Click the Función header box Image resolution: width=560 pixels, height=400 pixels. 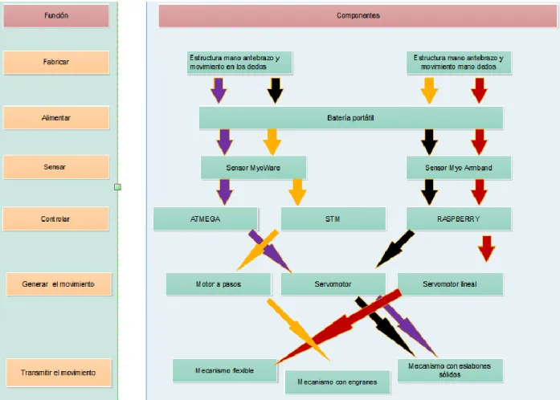(x=56, y=15)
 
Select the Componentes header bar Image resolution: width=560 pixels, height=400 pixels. (x=358, y=16)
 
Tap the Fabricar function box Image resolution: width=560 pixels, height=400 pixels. (x=56, y=62)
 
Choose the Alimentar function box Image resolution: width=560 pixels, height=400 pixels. (x=56, y=117)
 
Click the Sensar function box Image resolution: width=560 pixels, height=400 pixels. (x=56, y=167)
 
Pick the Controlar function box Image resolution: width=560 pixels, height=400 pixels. (x=55, y=218)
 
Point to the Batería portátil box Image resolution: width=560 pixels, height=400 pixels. (x=351, y=118)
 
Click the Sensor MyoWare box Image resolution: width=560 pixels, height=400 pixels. (x=253, y=168)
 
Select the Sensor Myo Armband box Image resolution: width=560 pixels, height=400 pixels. (x=459, y=168)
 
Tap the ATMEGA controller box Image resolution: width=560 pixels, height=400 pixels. (x=206, y=218)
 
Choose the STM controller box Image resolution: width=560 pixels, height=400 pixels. (x=333, y=218)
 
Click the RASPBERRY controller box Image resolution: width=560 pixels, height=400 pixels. (x=459, y=218)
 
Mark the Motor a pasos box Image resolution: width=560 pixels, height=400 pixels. (x=219, y=284)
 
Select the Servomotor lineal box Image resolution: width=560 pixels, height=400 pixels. (x=450, y=284)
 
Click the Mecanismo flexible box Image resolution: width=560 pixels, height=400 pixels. (x=225, y=370)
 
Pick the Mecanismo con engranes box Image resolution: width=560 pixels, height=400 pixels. (x=337, y=382)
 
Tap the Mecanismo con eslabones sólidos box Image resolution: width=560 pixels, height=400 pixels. (x=450, y=370)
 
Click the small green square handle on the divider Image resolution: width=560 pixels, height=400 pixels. (x=117, y=187)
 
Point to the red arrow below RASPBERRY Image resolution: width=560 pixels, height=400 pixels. (x=486, y=248)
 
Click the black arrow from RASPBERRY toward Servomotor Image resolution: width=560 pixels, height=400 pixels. (x=394, y=249)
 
